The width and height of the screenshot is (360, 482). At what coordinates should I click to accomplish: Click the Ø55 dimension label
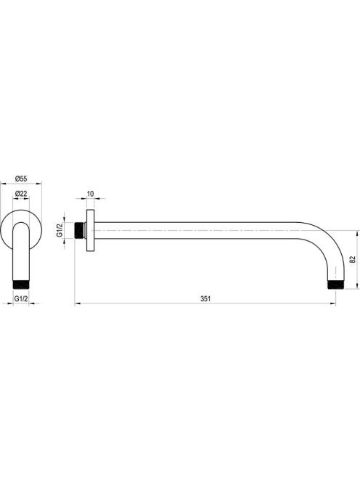pos(21,179)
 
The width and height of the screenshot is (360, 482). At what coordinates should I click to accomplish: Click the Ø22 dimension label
pos(21,194)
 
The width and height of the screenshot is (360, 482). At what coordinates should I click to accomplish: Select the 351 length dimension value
pos(205,298)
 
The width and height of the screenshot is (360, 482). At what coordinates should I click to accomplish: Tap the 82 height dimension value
pos(352,259)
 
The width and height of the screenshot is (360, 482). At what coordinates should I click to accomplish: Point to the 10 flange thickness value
pos(91,194)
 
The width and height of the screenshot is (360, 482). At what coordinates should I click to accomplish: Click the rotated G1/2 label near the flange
pos(60,230)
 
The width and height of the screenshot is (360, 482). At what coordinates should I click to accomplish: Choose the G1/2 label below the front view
pos(21,298)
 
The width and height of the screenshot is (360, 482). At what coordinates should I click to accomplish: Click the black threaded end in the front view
pos(21,285)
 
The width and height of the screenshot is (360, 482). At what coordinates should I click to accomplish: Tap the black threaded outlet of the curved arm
pos(335,285)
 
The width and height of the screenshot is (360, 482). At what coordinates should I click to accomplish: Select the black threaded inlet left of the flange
pos(79,230)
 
